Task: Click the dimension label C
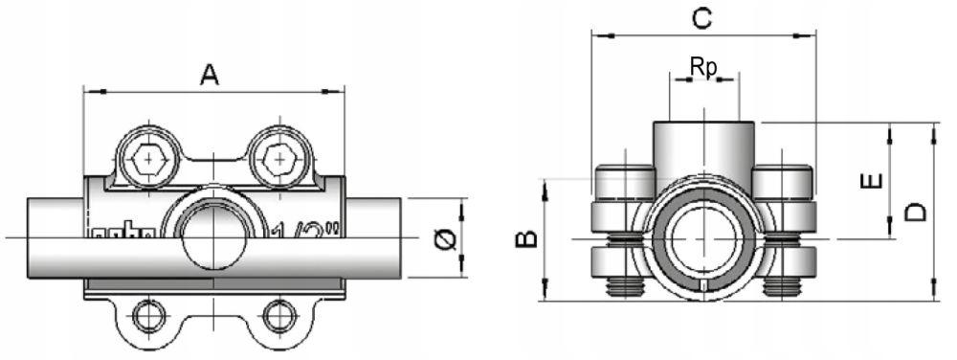[701, 17]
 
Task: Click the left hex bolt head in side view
[147, 159]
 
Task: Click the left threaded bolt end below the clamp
[623, 284]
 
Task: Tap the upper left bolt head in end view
[623, 181]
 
